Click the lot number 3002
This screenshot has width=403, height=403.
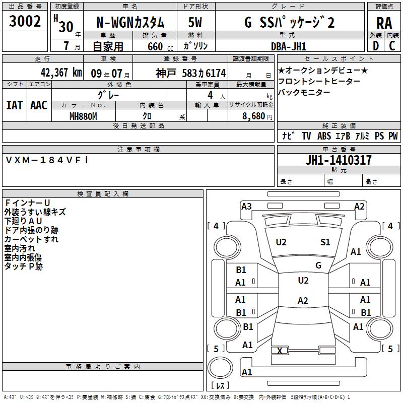pyautogui.click(x=25, y=21)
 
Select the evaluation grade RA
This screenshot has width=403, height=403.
pyautogui.click(x=384, y=23)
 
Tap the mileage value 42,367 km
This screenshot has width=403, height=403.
pyautogui.click(x=61, y=73)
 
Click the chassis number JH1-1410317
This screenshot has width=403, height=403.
pyautogui.click(x=339, y=160)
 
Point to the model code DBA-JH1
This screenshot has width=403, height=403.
pyautogui.click(x=288, y=46)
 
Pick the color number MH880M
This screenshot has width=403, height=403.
pyautogui.click(x=83, y=116)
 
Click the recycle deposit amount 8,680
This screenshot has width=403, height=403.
pyautogui.click(x=254, y=116)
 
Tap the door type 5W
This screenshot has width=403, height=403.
pyautogui.click(x=195, y=22)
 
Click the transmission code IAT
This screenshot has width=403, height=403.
pyautogui.click(x=15, y=105)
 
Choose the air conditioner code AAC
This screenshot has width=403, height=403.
pyautogui.click(x=39, y=105)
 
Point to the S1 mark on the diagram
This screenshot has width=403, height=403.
pyautogui.click(x=325, y=242)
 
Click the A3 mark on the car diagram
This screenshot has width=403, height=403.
pyautogui.click(x=246, y=207)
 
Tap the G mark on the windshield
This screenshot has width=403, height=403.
pyautogui.click(x=318, y=265)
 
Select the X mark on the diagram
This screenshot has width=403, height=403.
pyautogui.click(x=280, y=351)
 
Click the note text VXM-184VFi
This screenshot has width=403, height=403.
pyautogui.click(x=47, y=160)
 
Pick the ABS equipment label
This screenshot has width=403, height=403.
pyautogui.click(x=324, y=136)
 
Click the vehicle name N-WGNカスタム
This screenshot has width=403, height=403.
pyautogui.click(x=130, y=23)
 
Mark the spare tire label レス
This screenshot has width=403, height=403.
pyautogui.click(x=220, y=385)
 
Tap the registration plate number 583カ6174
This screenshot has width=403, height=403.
pyautogui.click(x=204, y=74)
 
